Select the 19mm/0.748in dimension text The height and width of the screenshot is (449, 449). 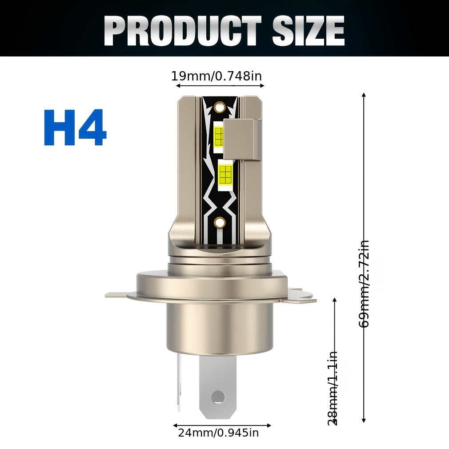[x=216, y=76]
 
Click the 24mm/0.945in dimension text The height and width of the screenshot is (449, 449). [x=218, y=432]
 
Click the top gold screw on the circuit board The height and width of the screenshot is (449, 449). [x=218, y=107]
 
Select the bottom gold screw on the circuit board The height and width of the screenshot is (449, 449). [x=219, y=222]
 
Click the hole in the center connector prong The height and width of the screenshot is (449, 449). [x=218, y=397]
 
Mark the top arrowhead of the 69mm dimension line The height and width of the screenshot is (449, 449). [x=364, y=95]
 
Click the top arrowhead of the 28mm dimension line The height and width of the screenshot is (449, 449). [x=335, y=300]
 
